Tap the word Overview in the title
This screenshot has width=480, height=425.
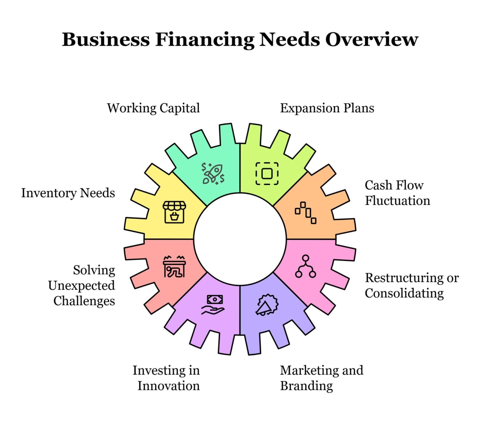[372, 39]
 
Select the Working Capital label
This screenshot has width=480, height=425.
[153, 108]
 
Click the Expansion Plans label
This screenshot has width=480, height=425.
[327, 108]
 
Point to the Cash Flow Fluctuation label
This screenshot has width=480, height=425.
[397, 193]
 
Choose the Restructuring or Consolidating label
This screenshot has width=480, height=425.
[412, 285]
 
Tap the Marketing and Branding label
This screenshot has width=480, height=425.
[322, 378]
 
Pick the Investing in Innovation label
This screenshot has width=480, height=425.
[166, 378]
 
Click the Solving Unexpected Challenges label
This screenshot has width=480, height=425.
[82, 285]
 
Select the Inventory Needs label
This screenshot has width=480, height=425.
[68, 193]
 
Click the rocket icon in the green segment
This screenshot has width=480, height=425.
[213, 174]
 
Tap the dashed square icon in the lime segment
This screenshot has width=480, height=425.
[267, 173]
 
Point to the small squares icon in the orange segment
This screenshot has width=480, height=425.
[306, 213]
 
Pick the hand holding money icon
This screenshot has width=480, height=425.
[213, 305]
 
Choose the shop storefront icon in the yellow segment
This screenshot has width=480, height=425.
[174, 212]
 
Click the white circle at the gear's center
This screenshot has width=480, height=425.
[240, 239]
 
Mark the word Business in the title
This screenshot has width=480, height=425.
[106, 40]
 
